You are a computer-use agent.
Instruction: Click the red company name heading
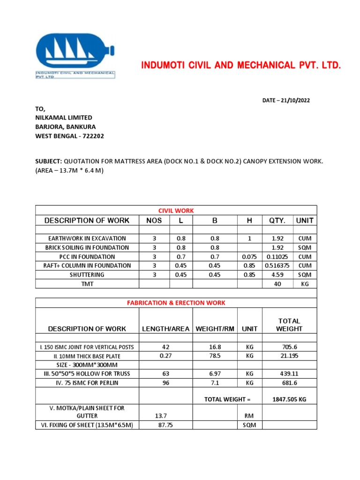pos(241,65)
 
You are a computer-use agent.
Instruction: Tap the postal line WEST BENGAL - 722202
pos(70,136)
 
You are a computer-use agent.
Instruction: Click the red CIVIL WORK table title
pos(176,210)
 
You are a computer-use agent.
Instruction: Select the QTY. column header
pos(277,220)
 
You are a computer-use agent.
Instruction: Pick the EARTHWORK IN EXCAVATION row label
pos(87,239)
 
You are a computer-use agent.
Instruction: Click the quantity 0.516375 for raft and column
pos(277,266)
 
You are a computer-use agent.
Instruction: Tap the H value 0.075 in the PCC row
pos(250,257)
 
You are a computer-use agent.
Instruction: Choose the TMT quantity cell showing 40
pos(277,284)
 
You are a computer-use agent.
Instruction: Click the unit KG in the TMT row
pos(305,284)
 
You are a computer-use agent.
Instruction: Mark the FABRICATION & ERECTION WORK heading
pos(176,303)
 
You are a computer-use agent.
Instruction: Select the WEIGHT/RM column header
pos(215,329)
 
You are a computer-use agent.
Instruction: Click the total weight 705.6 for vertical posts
pos(289,347)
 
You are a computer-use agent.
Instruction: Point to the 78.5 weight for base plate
pos(215,356)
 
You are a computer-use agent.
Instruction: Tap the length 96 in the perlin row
pos(165,383)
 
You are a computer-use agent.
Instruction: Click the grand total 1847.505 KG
pos(289,399)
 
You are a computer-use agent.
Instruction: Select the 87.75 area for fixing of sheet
pos(165,425)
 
